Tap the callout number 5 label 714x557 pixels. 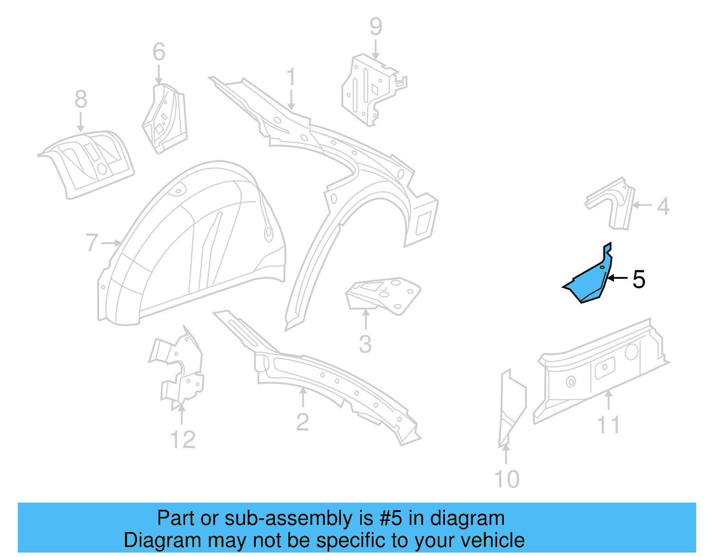click(639, 280)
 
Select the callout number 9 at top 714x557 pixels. click(376, 27)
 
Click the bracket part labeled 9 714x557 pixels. click(368, 89)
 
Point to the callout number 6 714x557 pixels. click(159, 52)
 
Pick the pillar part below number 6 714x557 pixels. click(164, 118)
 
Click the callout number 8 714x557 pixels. click(81, 99)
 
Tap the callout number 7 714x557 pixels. click(91, 243)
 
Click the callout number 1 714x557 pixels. click(291, 77)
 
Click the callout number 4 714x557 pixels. click(663, 206)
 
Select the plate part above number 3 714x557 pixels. click(384, 294)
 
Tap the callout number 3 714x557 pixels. click(365, 344)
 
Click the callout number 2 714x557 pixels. click(302, 422)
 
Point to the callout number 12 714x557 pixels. click(183, 440)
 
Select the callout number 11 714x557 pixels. click(608, 425)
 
